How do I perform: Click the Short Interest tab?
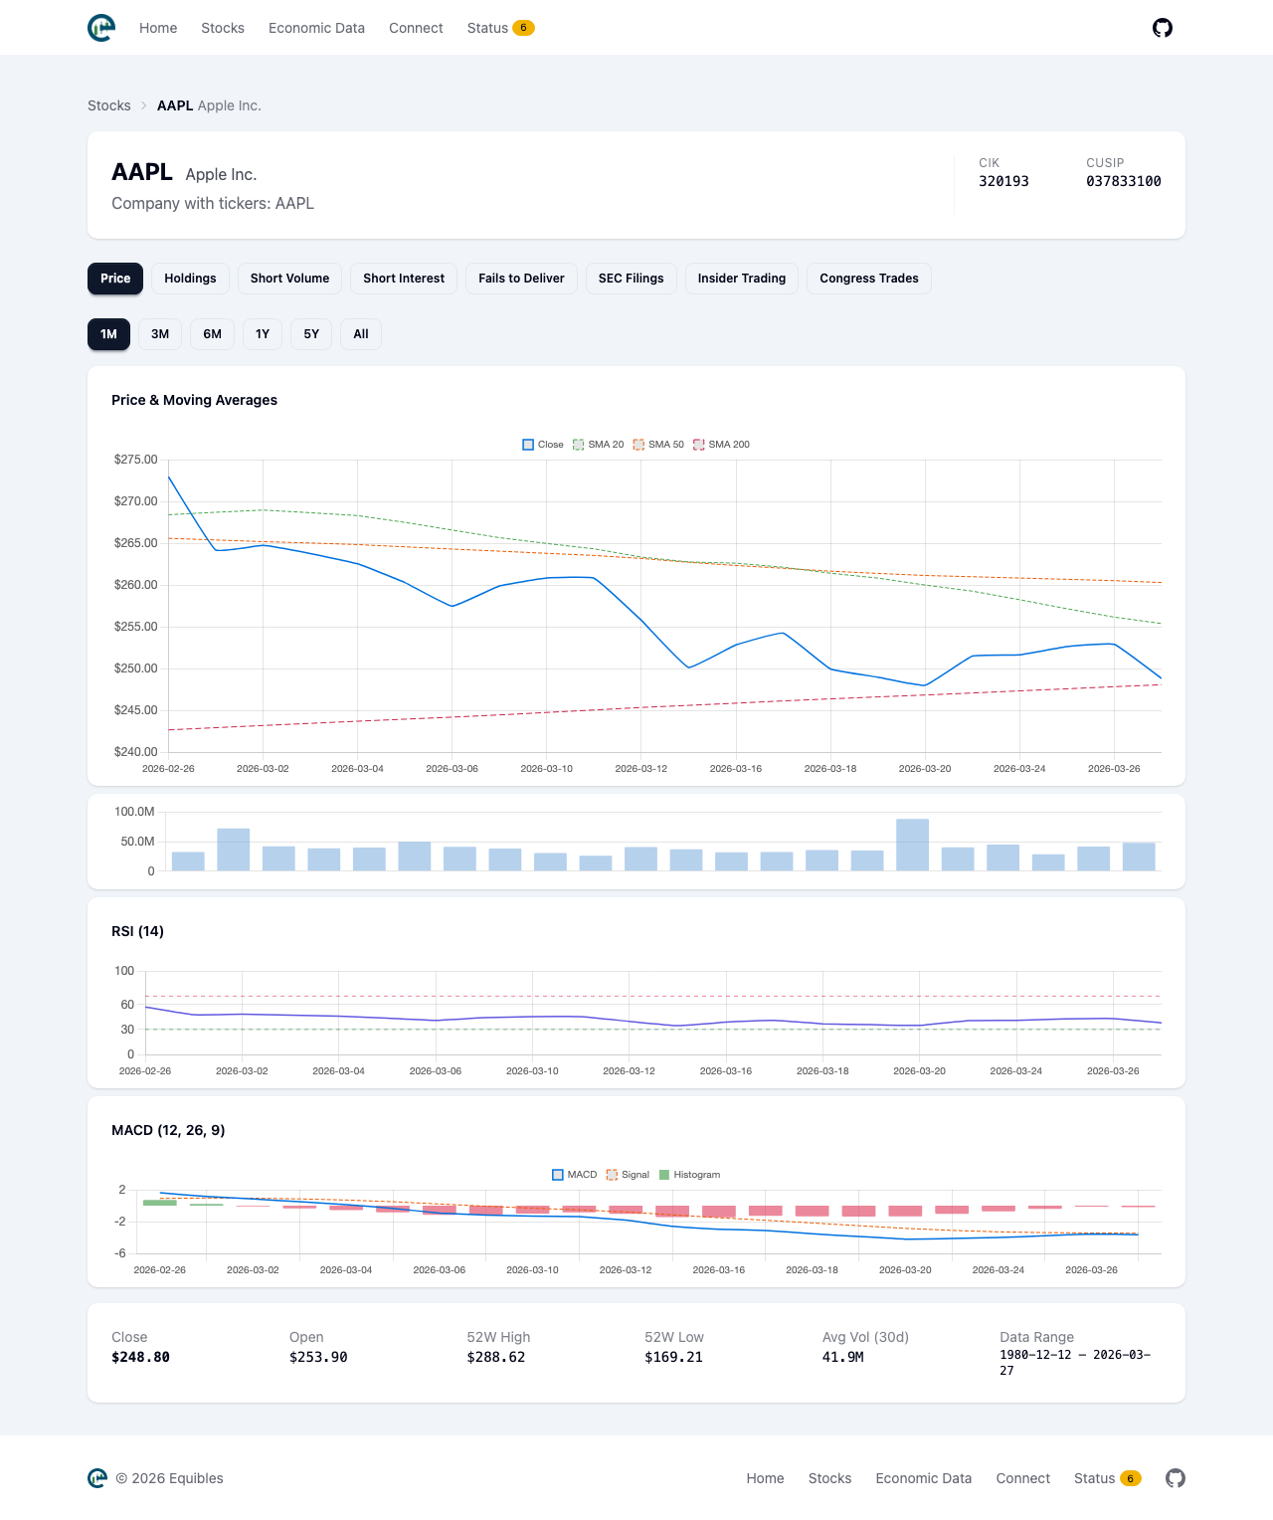click(404, 279)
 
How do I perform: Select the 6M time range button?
click(212, 334)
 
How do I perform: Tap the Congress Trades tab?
click(868, 279)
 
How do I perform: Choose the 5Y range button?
click(311, 334)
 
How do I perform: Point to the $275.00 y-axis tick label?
click(135, 460)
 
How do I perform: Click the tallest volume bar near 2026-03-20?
click(912, 845)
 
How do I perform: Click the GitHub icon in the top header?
click(1162, 28)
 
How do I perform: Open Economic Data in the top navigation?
click(316, 28)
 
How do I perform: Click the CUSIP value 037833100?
click(1123, 181)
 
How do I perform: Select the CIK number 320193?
click(1003, 181)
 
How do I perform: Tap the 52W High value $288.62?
click(495, 1357)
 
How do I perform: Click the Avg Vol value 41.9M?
click(842, 1357)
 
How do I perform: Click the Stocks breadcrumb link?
click(109, 105)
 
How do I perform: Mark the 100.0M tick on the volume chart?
click(134, 812)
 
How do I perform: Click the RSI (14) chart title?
click(137, 931)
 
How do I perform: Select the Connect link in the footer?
click(1022, 1478)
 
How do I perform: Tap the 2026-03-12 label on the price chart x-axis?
click(640, 769)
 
